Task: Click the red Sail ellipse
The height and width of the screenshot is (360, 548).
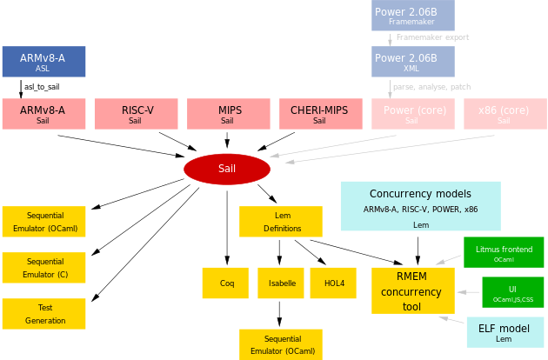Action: [x=226, y=169]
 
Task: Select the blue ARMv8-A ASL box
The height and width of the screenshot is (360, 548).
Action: [x=43, y=62]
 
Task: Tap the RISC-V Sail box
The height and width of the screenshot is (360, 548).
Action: [x=135, y=115]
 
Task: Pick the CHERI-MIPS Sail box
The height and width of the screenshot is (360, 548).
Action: [x=319, y=115]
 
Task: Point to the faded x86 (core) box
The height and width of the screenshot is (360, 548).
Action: [x=504, y=115]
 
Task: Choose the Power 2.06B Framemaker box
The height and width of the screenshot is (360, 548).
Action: [x=412, y=16]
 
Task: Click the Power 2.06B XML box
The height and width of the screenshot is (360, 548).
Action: [x=412, y=62]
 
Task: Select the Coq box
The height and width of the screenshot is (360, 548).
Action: [x=227, y=283]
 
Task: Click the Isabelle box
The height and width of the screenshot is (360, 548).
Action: [x=280, y=283]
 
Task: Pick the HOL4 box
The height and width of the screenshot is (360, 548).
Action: [x=334, y=283]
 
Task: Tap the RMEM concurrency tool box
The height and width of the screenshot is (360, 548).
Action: [x=413, y=290]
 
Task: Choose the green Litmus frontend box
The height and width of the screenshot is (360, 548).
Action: [x=504, y=252]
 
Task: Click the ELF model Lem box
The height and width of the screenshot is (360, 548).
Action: [x=504, y=333]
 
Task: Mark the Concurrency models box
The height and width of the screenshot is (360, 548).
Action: [x=421, y=205]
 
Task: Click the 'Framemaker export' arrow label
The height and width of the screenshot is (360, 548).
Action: [x=432, y=37]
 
